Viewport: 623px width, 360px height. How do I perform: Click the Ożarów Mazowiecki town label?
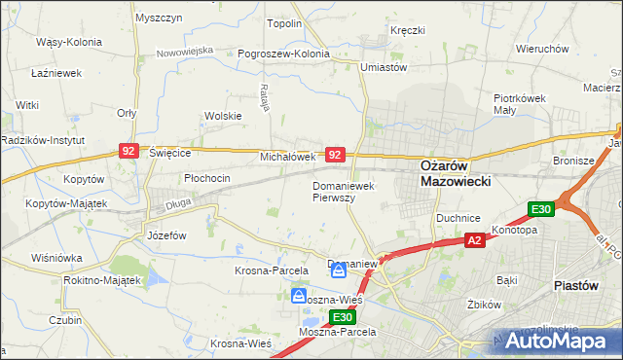point(455,172)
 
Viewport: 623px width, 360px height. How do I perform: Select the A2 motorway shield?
point(474,240)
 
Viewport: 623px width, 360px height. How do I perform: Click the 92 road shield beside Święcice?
point(128,151)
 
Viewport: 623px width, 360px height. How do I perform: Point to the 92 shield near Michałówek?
point(335,155)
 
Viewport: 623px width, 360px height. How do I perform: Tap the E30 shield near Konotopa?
point(542,209)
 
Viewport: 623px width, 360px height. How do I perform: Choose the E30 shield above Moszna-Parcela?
point(341,317)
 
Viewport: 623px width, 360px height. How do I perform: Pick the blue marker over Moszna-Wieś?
point(301,296)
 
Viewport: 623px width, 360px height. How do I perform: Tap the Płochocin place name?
point(207,178)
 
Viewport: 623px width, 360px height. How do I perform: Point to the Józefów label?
point(165,235)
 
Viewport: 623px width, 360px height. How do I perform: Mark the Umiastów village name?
point(383,67)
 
